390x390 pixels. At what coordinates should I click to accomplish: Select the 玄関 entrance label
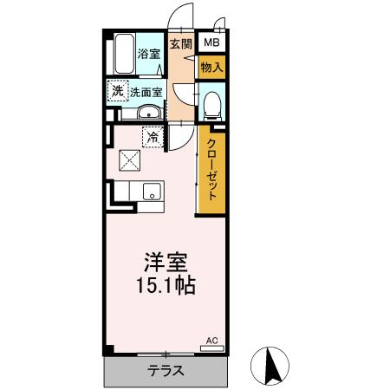coord(180,44)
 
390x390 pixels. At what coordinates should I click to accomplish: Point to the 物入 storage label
coord(211,66)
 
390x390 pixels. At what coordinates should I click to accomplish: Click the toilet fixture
coord(211,105)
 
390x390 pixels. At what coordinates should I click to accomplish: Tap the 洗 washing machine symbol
coord(116,90)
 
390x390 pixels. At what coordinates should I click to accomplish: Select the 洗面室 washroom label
coord(146,91)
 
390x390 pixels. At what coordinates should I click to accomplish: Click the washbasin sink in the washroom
coord(149,112)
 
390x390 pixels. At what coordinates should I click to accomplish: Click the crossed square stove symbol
coord(129,160)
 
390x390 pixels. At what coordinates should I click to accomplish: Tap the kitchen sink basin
coord(152,193)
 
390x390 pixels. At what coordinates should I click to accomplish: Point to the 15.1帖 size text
coord(165,284)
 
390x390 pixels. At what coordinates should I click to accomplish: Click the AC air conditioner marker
coord(211,342)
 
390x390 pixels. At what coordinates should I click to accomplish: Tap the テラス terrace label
coord(165,371)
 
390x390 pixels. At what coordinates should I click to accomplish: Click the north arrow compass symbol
coord(270,367)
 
